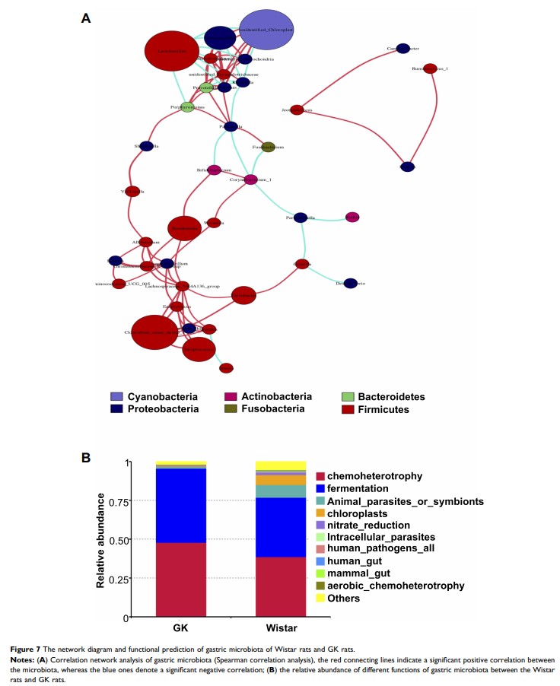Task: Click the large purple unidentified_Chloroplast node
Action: point(266,29)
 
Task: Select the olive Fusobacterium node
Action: point(268,147)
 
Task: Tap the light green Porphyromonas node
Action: point(187,108)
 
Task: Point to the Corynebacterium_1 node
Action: point(251,179)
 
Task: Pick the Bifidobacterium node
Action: point(215,170)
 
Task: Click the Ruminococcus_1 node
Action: point(430,68)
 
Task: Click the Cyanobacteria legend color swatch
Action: point(116,397)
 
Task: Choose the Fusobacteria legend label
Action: point(272,409)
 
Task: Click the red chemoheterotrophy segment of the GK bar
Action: point(181,580)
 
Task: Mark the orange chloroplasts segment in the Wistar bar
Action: point(281,480)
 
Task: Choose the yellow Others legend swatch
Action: point(322,599)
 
